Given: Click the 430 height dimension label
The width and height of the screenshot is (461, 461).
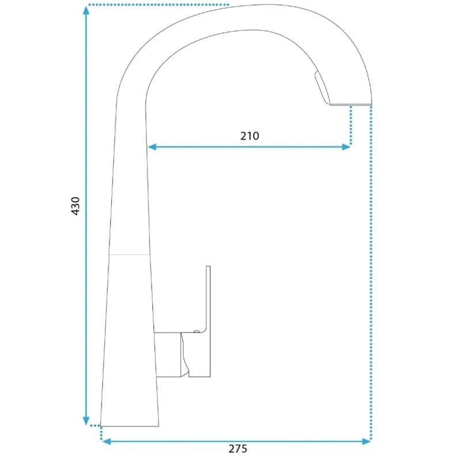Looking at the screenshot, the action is (75, 206).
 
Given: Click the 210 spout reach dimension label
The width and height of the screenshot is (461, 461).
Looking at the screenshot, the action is (250, 136).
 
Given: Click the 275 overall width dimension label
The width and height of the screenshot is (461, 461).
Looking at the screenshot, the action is (238, 449).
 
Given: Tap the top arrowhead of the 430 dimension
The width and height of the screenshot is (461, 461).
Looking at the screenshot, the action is (86, 10).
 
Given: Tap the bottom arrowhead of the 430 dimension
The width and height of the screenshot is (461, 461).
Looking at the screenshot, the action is (86, 421).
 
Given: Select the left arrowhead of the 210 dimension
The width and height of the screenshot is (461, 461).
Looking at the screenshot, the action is (152, 147).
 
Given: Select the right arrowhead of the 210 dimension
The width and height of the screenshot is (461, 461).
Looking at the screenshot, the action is (346, 147).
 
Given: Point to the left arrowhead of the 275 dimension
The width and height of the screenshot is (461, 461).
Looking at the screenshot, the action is (106, 441).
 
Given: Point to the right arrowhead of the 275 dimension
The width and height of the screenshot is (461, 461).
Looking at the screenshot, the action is (366, 441).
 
